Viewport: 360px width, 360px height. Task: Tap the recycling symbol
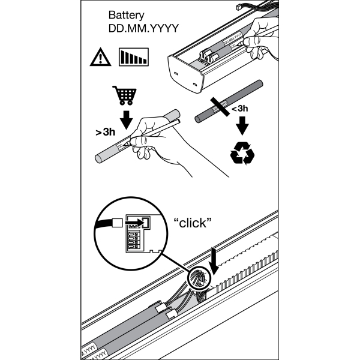point(242,154)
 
